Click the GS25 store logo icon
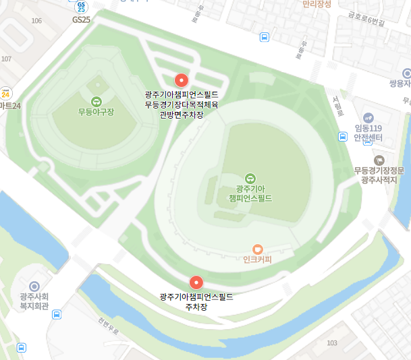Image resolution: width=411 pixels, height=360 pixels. point(81,7)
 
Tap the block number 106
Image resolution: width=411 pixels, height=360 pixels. point(36,21)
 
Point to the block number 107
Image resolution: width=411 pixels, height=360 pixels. point(6,59)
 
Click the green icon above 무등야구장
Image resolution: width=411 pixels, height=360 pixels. point(95,101)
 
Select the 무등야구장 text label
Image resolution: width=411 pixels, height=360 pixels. point(95,113)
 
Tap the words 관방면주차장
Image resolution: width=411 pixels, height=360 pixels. point(181,115)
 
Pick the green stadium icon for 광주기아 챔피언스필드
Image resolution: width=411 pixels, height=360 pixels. point(250,160)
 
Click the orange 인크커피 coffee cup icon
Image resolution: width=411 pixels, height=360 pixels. point(257,249)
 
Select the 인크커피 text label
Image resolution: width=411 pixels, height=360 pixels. point(257,260)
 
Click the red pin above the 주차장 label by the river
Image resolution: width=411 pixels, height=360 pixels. point(196,282)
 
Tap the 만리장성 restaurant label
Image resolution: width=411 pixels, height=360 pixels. point(317,4)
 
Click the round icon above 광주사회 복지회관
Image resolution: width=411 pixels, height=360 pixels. point(34,287)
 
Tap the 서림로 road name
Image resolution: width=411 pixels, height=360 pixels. point(338,104)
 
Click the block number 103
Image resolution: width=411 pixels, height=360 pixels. point(331,343)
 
